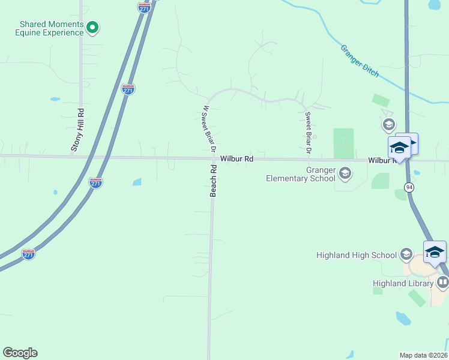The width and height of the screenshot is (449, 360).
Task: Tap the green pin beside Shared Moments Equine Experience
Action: pyautogui.click(x=92, y=27)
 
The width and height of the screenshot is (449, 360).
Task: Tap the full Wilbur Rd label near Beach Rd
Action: pyautogui.click(x=237, y=159)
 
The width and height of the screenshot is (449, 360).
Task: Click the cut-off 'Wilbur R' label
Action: pyautogui.click(x=382, y=161)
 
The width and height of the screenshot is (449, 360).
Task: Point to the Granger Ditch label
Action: pyautogui.click(x=360, y=61)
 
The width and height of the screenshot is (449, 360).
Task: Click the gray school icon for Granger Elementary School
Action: pyautogui.click(x=345, y=174)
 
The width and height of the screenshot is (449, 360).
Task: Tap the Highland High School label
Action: pyautogui.click(x=357, y=255)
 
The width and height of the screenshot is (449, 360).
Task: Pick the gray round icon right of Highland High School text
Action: pyautogui.click(x=406, y=254)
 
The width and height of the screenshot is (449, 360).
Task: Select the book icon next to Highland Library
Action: pyautogui.click(x=443, y=282)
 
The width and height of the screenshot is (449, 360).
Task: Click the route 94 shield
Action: pyautogui.click(x=409, y=187)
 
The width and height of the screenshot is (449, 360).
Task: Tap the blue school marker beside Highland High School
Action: pyautogui.click(x=435, y=252)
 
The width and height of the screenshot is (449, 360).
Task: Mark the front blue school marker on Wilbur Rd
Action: pyautogui.click(x=399, y=148)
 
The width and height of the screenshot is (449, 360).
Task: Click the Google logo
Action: pyautogui.click(x=20, y=353)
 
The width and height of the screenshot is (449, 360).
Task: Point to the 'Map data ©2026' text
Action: pyautogui.click(x=423, y=355)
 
